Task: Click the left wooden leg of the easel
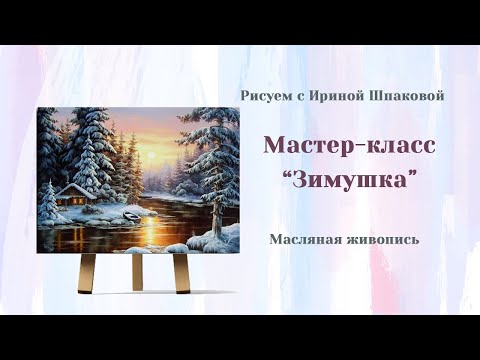click(87, 271)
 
